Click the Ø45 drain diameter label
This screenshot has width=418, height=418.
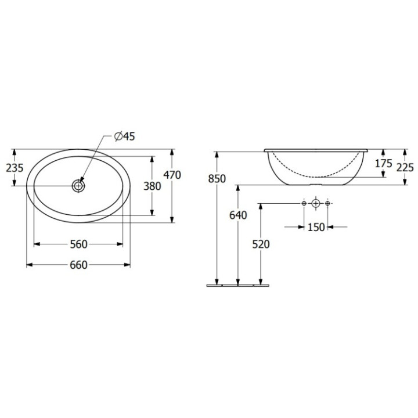(x=124, y=136)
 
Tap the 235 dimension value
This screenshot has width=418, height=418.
(x=15, y=168)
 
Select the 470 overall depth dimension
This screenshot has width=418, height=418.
(x=172, y=175)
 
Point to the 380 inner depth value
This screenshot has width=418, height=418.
(x=152, y=186)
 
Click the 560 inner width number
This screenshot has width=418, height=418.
(x=78, y=244)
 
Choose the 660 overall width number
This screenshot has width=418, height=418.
(x=78, y=265)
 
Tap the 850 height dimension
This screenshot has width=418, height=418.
(x=217, y=179)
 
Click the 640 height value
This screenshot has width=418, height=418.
(x=238, y=215)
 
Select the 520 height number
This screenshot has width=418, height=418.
(x=261, y=244)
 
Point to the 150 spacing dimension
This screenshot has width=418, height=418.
(x=316, y=228)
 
